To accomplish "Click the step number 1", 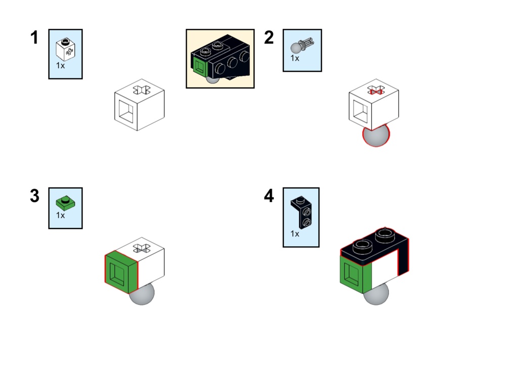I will click(x=34, y=37).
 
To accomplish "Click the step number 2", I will click(x=269, y=37).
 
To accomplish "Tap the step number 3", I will click(x=34, y=196).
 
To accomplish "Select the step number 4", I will click(x=269, y=196).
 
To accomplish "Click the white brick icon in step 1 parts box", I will click(x=65, y=49).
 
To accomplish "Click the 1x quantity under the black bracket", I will click(x=295, y=234).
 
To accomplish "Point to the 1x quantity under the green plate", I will click(x=60, y=215).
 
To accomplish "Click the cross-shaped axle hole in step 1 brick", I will click(x=140, y=90).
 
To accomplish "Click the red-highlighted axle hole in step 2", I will click(x=375, y=90).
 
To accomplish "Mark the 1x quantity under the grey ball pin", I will click(x=295, y=58).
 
